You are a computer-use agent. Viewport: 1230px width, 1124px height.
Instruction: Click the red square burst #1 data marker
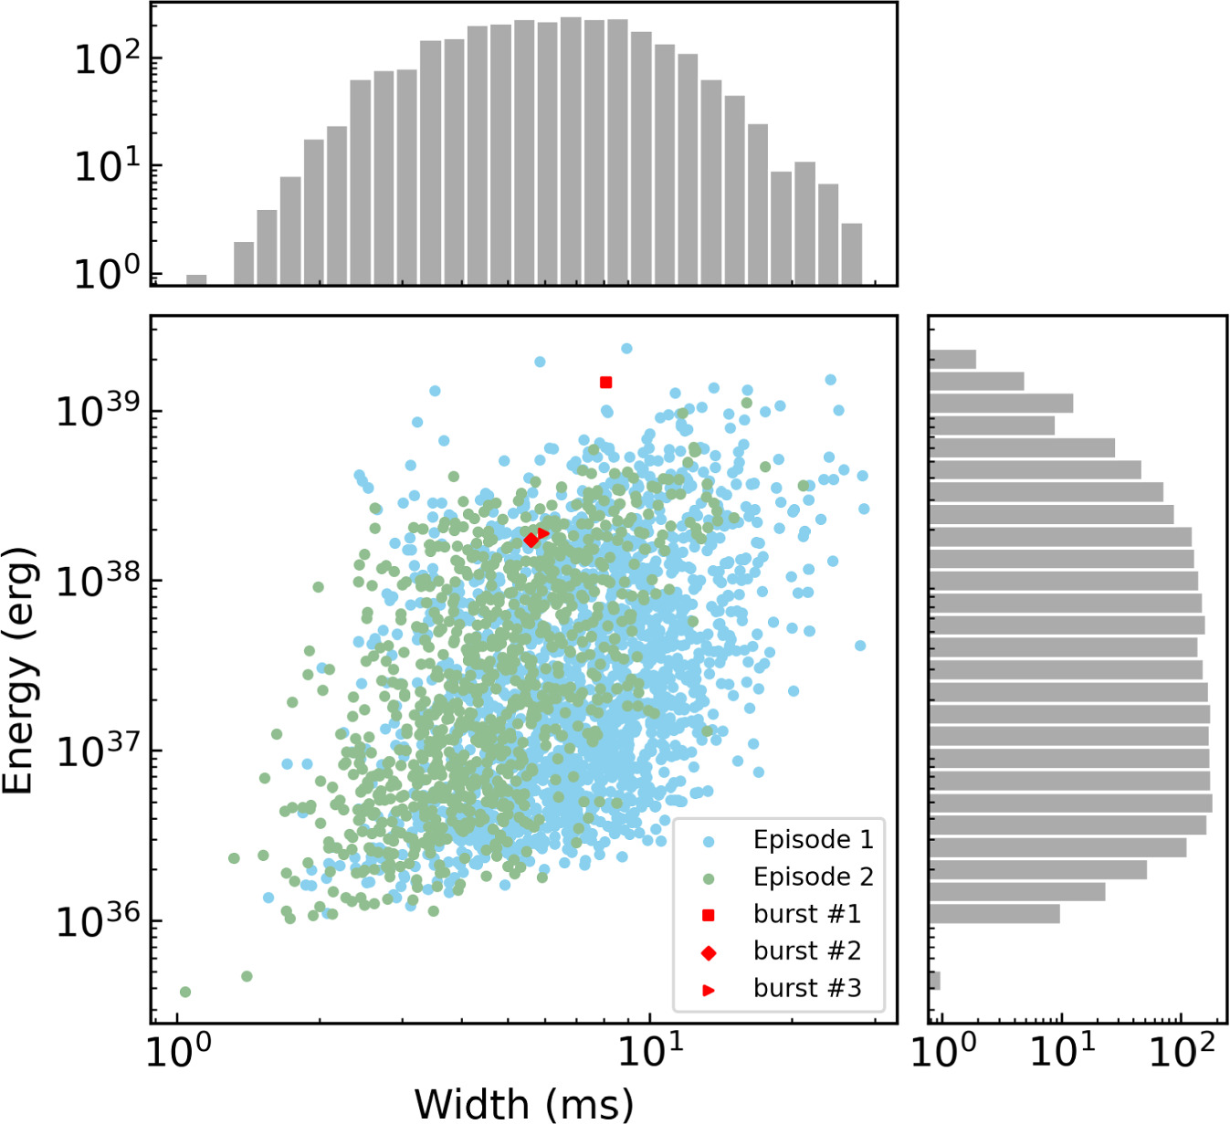605,383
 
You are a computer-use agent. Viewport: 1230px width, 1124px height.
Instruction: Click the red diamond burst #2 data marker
531,541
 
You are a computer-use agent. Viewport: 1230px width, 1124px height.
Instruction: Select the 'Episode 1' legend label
813,839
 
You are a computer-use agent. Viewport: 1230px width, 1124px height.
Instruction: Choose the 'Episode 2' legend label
813,877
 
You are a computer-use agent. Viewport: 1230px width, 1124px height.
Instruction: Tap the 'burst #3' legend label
807,988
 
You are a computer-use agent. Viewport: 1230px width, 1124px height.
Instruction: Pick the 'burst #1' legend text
807,914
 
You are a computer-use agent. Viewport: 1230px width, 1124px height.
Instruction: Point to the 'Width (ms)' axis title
523,1103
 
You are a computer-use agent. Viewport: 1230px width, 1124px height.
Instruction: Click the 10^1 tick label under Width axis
650,1053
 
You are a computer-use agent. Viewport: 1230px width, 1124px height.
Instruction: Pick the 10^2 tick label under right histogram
1182,1053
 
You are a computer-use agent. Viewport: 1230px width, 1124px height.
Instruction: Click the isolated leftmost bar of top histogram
196,279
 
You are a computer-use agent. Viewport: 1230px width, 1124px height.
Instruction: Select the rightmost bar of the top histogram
851,254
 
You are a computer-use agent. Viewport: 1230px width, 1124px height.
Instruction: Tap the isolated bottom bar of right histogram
934,981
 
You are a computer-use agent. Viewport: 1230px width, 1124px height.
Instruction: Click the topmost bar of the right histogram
952,359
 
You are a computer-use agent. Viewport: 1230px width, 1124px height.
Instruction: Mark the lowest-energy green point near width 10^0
185,992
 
